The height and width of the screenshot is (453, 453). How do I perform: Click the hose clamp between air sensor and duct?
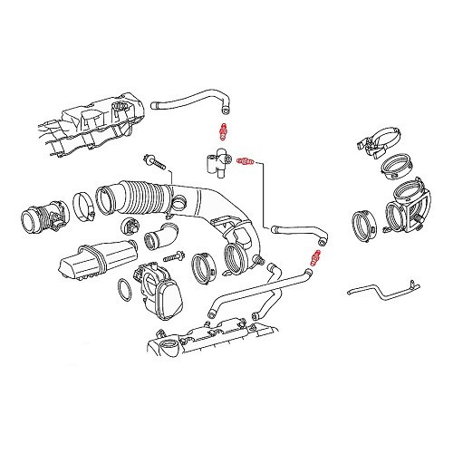[83, 210]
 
